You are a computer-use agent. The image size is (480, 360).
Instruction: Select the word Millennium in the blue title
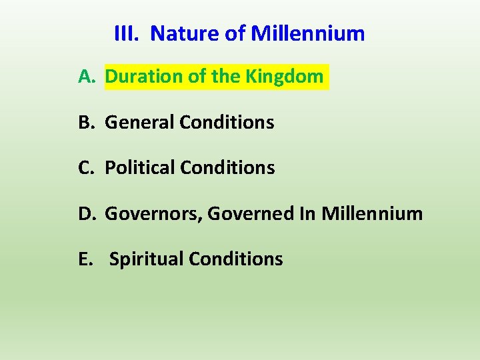pos(308,33)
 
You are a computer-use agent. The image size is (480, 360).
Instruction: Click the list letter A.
pos(87,77)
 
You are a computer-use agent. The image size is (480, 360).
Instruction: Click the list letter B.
pos(87,123)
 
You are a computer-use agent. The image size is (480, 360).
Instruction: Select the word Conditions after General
pos(227,123)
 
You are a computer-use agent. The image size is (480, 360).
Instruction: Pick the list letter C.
pos(87,168)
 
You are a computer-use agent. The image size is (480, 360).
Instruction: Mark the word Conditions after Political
pos(228,168)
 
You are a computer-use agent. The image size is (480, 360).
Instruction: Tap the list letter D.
pos(87,213)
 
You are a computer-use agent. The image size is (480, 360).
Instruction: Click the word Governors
pos(153,214)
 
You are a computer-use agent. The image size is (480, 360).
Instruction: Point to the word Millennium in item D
pos(372,213)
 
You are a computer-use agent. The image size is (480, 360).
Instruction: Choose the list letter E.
pos(86,259)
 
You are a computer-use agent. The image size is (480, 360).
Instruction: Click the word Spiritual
pos(146,259)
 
